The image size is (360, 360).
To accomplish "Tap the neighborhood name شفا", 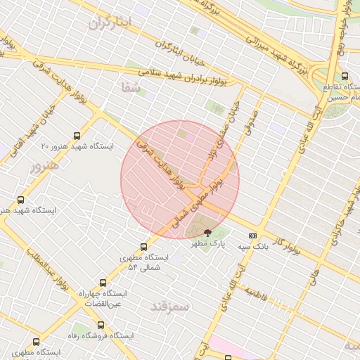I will click(x=131, y=86).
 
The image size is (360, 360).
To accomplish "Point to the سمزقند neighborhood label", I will click(x=171, y=306).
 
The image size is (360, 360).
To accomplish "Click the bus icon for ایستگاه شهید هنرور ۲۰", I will click(x=76, y=136).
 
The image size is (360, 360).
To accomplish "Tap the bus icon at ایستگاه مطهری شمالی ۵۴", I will click(x=144, y=247).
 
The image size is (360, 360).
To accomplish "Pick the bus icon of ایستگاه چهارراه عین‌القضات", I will click(x=104, y=283).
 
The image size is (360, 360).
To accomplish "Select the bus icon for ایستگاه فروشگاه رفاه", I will click(x=101, y=326).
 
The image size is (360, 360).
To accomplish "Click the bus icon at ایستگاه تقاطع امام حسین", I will click(x=344, y=77).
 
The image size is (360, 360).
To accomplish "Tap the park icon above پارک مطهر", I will click(x=207, y=232).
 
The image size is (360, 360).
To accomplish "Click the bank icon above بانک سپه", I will click(x=253, y=236).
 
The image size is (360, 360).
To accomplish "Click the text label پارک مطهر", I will click(x=208, y=243).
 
